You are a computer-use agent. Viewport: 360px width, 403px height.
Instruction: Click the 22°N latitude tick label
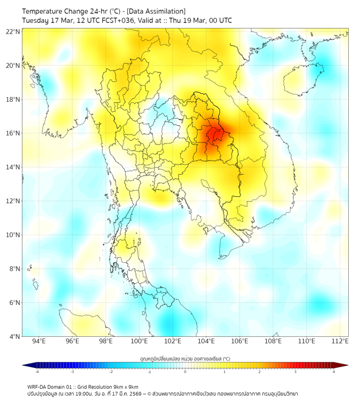pyautogui.click(x=13, y=31)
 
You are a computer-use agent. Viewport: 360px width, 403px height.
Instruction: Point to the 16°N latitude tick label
pyautogui.click(x=13, y=133)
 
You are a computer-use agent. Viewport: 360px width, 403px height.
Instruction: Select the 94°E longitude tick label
pyautogui.click(x=39, y=341)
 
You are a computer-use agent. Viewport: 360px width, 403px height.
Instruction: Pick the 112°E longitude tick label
pyautogui.click(x=340, y=341)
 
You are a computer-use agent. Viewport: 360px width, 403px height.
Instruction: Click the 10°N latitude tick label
pyautogui.click(x=13, y=235)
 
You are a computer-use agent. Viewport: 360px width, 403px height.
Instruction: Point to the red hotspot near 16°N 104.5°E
pyautogui.click(x=214, y=133)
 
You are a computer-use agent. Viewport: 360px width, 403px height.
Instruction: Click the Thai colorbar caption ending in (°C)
pyautogui.click(x=185, y=359)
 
